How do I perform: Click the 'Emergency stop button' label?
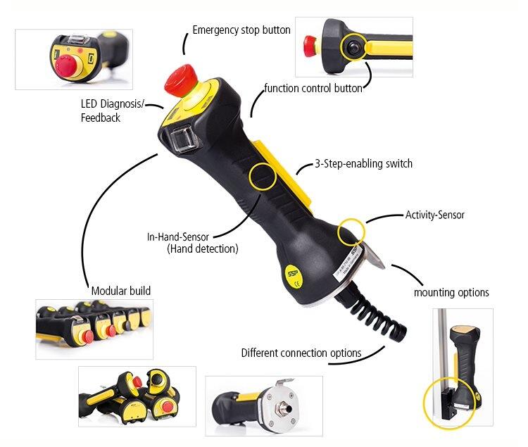point(241,30)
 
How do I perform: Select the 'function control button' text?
point(313,88)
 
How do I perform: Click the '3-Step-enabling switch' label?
point(364,163)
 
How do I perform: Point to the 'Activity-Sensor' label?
point(435,215)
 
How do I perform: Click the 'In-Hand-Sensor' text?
point(178,237)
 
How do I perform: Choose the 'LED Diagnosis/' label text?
point(113,103)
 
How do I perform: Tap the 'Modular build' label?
point(121,291)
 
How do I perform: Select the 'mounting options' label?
point(451,292)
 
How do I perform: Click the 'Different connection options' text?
point(301,353)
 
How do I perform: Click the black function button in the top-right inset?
point(353,48)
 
